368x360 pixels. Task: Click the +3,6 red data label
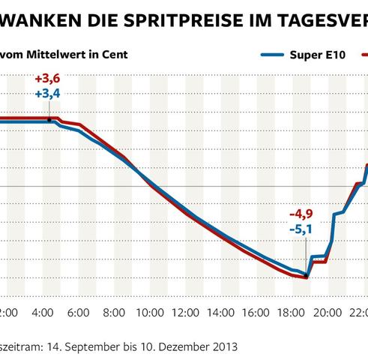[x=48, y=79]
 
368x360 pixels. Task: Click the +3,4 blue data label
[x=48, y=94]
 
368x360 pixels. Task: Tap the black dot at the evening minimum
[x=306, y=277]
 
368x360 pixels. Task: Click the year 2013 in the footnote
[x=223, y=346]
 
